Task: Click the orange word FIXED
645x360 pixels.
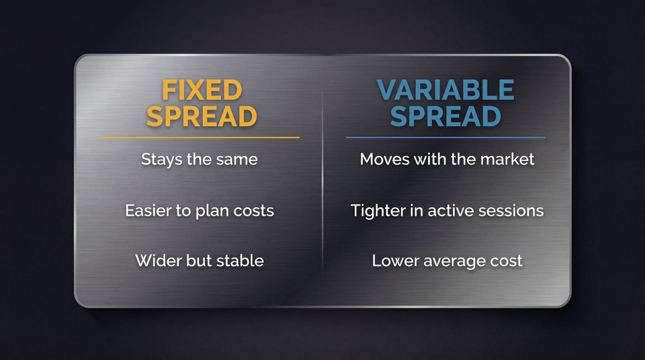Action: click(202, 91)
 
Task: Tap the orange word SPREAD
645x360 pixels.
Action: click(202, 117)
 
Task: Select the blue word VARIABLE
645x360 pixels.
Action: click(445, 91)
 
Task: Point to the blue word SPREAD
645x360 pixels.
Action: click(445, 117)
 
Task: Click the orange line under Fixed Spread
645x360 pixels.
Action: click(200, 137)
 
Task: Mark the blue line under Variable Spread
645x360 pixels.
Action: click(445, 137)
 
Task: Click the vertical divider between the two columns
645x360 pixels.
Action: click(322, 181)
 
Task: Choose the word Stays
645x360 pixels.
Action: click(160, 160)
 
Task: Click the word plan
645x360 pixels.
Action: click(212, 211)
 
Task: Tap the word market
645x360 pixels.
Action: click(509, 160)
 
